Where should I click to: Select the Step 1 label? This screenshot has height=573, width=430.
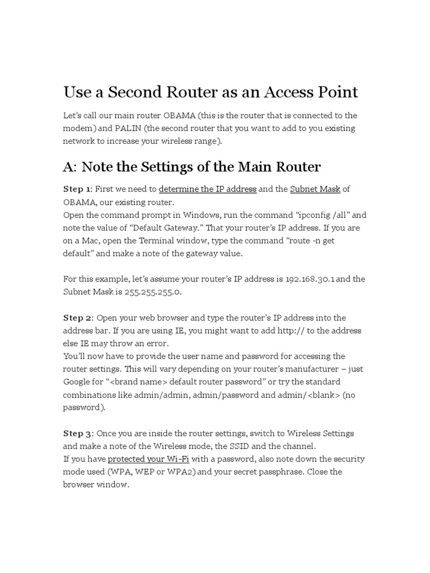click(77, 189)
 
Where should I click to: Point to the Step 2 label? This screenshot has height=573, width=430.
click(78, 318)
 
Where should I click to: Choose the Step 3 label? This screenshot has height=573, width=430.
click(78, 433)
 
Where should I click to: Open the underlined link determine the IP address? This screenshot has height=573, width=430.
click(208, 189)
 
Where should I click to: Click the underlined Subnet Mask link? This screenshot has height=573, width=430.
click(315, 189)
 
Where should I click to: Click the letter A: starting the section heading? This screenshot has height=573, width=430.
click(69, 167)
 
